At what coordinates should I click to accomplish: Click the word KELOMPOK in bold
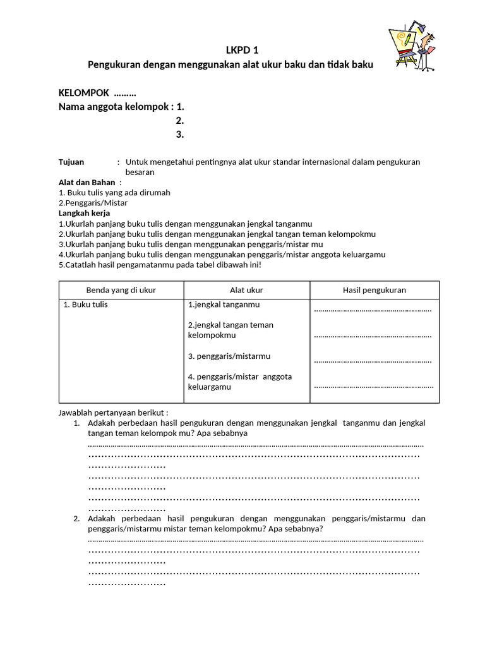point(84,93)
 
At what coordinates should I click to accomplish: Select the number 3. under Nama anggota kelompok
point(180,134)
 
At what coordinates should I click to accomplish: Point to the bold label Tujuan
point(71,162)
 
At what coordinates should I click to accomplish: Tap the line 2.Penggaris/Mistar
point(93,203)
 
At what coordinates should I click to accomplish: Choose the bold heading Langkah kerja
point(84,213)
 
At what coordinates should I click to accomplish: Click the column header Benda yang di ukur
point(121,290)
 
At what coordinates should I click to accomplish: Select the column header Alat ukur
point(246,290)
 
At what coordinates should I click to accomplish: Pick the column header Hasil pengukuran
point(374,290)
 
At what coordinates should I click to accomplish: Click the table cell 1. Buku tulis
point(86,305)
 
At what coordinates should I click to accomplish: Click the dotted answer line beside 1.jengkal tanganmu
point(373,310)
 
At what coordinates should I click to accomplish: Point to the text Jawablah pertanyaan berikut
point(113,413)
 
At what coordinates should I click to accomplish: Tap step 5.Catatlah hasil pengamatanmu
point(160,264)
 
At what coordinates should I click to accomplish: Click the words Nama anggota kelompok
point(115,107)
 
